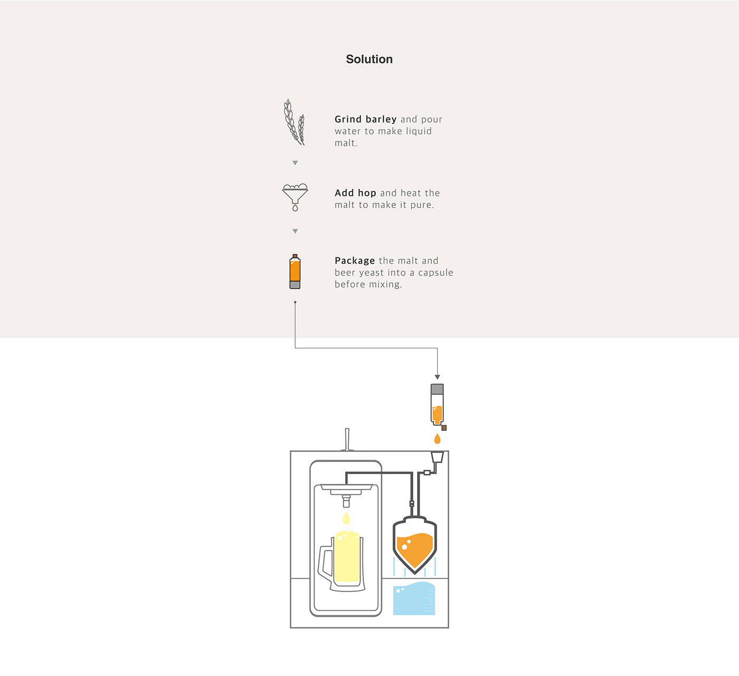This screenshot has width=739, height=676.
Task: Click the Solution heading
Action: click(369, 59)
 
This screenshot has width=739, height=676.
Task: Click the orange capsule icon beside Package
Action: click(295, 271)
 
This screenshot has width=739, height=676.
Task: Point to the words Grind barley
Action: click(365, 119)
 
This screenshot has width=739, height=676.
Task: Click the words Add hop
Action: click(355, 193)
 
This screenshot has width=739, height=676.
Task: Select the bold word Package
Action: click(355, 261)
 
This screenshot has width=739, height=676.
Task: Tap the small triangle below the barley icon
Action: click(295, 163)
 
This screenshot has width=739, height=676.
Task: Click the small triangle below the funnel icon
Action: click(295, 231)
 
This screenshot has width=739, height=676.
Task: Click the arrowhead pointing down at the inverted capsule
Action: click(437, 377)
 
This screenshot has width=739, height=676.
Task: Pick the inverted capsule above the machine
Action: click(437, 404)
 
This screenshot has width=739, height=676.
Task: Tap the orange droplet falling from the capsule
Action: click(437, 439)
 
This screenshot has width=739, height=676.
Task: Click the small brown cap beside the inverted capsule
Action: click(444, 428)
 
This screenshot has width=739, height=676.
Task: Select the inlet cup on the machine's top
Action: click(437, 456)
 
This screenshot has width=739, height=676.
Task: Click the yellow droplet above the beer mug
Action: click(346, 518)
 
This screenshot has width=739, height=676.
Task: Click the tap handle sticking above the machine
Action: click(347, 439)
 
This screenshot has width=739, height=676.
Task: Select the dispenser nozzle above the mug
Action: click(346, 500)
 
